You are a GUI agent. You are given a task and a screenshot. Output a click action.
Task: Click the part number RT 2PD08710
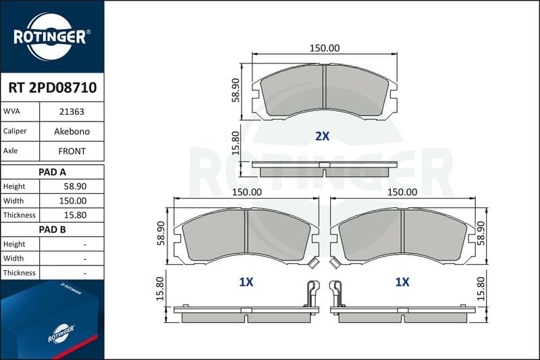pos(53,88)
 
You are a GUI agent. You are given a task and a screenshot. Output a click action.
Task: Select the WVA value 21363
pos(72,111)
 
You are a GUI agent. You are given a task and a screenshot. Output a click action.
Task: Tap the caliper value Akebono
pos(72,131)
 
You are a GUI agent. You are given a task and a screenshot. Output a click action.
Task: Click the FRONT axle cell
pos(72,151)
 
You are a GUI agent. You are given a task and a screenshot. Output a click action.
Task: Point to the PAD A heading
pos(53,172)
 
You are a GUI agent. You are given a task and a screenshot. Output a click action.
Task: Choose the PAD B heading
pos(53,230)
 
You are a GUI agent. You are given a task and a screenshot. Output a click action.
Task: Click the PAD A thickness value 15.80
pos(75,215)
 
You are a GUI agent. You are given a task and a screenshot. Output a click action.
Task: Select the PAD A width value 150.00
pos(73,201)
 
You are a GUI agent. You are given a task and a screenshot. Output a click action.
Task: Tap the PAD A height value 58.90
pos(75,186)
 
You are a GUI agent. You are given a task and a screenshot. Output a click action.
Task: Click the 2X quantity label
pos(323,136)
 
